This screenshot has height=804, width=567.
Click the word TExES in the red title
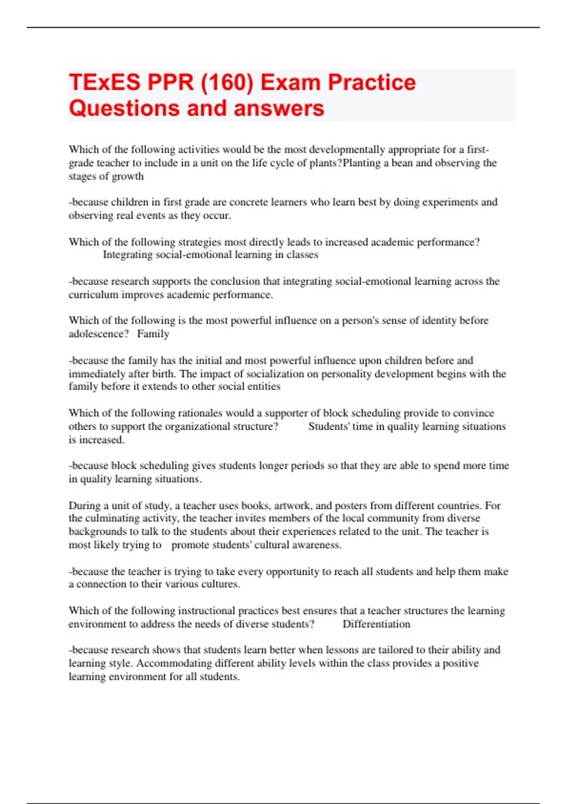click(105, 82)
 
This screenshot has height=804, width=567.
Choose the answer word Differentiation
click(376, 624)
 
